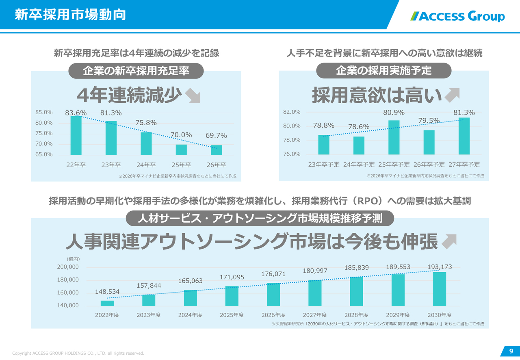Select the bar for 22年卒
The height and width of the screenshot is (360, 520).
(x=76, y=135)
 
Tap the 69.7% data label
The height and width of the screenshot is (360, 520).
(x=216, y=135)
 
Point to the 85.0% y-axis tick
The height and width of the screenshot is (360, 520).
(x=44, y=112)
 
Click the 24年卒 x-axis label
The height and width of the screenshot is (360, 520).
(x=146, y=165)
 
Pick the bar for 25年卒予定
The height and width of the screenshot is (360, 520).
(x=394, y=137)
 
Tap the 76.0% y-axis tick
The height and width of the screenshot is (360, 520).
(x=292, y=154)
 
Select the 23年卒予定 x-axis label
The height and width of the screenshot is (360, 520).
(x=324, y=165)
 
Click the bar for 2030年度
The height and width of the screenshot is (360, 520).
(x=440, y=288)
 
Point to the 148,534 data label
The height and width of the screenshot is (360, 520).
(x=107, y=292)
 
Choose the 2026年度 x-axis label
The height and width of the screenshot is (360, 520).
(x=273, y=315)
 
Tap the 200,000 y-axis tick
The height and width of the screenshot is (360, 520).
(x=68, y=267)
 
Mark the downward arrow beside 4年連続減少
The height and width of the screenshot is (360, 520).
(x=192, y=97)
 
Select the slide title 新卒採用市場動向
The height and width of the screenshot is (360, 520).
(x=70, y=15)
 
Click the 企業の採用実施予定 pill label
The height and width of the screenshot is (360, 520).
(x=383, y=71)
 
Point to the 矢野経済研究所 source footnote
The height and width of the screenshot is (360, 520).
(x=378, y=324)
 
